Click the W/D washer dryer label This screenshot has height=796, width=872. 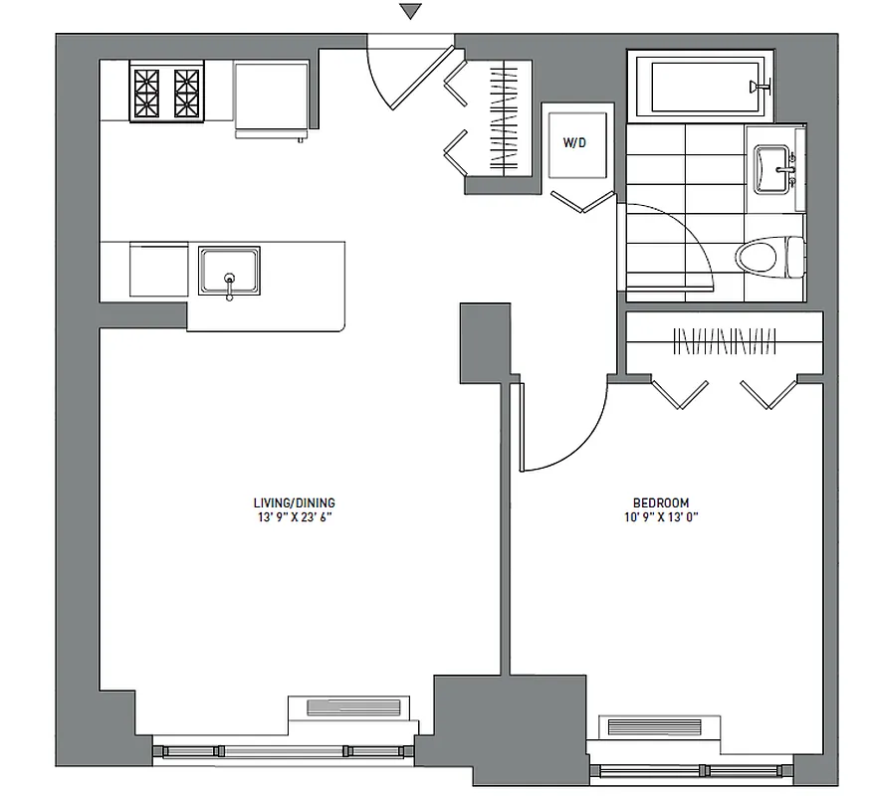click(575, 143)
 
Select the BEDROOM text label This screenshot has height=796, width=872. click(661, 503)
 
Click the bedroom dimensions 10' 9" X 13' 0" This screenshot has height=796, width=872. click(661, 517)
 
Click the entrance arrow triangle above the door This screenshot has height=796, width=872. click(410, 12)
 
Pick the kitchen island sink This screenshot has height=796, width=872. click(229, 271)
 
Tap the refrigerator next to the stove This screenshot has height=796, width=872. click(270, 98)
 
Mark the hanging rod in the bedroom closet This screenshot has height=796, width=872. click(724, 343)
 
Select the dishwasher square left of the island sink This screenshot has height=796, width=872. click(158, 270)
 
